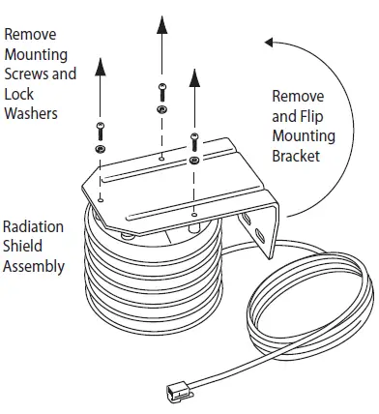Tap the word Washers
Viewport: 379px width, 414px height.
coord(31,113)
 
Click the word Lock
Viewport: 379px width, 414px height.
coord(17,94)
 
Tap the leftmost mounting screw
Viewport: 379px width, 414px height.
coord(100,131)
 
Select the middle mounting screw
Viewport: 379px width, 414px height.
coord(160,93)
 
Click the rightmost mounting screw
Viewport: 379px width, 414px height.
coord(194,140)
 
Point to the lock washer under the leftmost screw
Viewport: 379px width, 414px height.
coord(100,151)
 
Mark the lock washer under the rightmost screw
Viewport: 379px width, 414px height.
coord(194,157)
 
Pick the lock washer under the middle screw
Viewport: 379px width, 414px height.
coord(160,111)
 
